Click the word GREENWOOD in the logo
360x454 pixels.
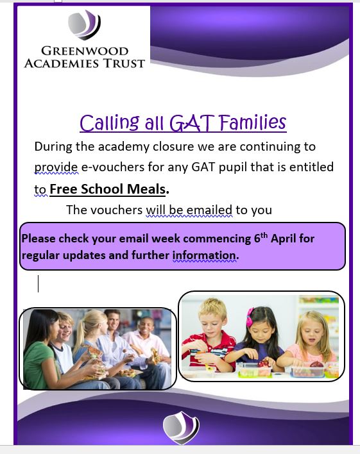pyautogui.click(x=85, y=51)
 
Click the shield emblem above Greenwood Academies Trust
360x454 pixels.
pyautogui.click(x=84, y=25)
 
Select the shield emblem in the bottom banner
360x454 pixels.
pyautogui.click(x=181, y=427)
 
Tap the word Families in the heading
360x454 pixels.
pyautogui.click(x=252, y=122)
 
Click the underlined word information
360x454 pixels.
pyautogui.click(x=205, y=255)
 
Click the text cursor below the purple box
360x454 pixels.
pyautogui.click(x=39, y=283)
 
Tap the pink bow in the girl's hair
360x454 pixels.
pyautogui.click(x=250, y=315)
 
